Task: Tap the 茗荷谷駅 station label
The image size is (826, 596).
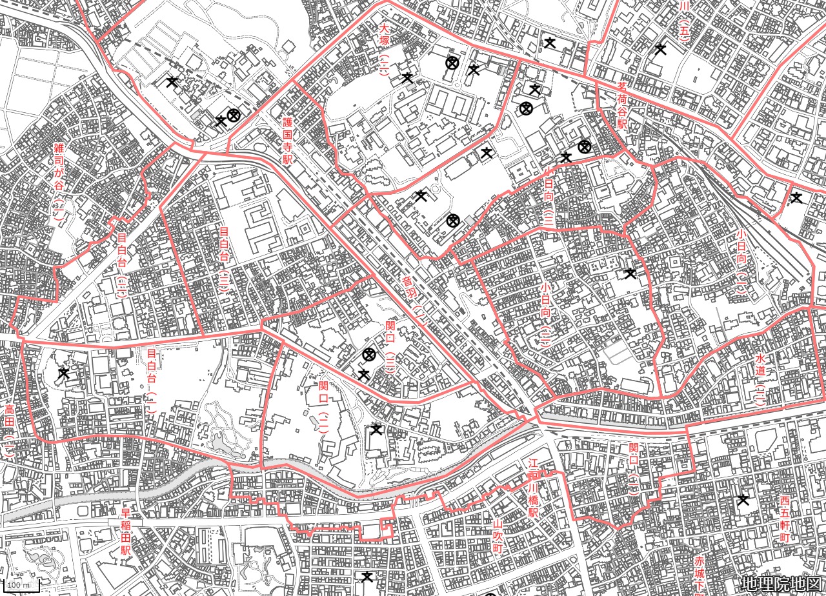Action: tap(622, 104)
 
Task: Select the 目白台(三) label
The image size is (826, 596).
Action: tap(225, 260)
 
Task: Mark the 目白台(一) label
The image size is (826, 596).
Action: tap(152, 381)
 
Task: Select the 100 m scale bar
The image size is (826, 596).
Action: tap(20, 586)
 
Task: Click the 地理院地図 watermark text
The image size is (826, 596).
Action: tap(781, 584)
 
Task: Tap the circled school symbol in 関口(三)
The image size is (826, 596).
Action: tap(369, 354)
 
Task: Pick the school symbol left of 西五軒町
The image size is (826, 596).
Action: tap(743, 500)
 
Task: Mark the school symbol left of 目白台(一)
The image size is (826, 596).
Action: tap(63, 373)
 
